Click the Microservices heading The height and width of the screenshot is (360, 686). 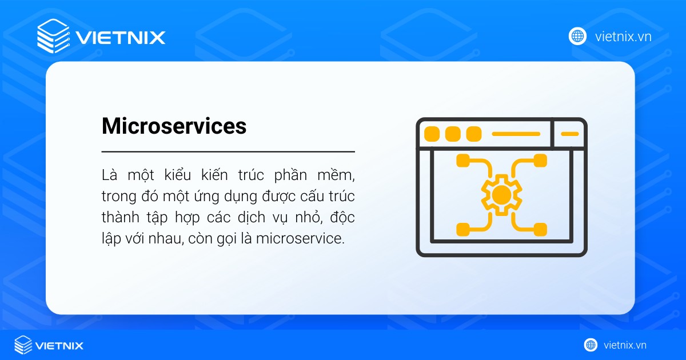pos(174,126)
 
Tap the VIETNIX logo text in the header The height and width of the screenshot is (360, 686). pos(121,38)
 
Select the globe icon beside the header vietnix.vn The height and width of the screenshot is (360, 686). pos(577,36)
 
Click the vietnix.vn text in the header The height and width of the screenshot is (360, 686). pos(623,37)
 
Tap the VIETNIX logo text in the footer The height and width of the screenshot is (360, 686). pos(59,345)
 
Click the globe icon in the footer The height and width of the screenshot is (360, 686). pos(591,345)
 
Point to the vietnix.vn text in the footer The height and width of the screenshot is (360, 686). pos(625,345)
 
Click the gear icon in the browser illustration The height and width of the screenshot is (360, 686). pos(501,195)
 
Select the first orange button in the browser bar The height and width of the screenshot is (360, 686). pos(432,134)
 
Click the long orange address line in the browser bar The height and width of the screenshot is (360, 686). pos(516,134)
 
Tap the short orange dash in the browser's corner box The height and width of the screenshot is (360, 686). pos(569,134)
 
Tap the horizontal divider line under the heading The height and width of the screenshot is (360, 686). pos(228,152)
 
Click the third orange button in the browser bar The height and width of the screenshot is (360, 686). pos(473,134)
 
